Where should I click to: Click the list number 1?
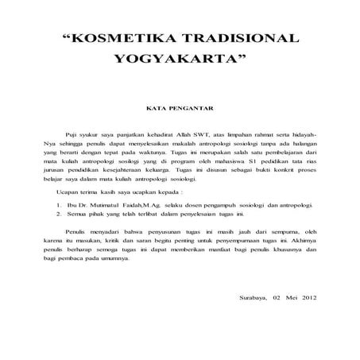pos(61,216)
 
